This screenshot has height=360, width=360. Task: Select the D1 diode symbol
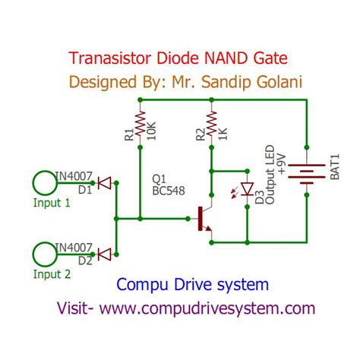(104, 182)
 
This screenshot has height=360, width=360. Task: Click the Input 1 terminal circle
(44, 183)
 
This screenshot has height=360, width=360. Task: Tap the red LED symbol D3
(247, 190)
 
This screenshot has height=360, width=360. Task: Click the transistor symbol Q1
(204, 219)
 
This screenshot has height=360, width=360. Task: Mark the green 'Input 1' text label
(52, 203)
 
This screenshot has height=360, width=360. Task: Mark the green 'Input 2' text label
(52, 274)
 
